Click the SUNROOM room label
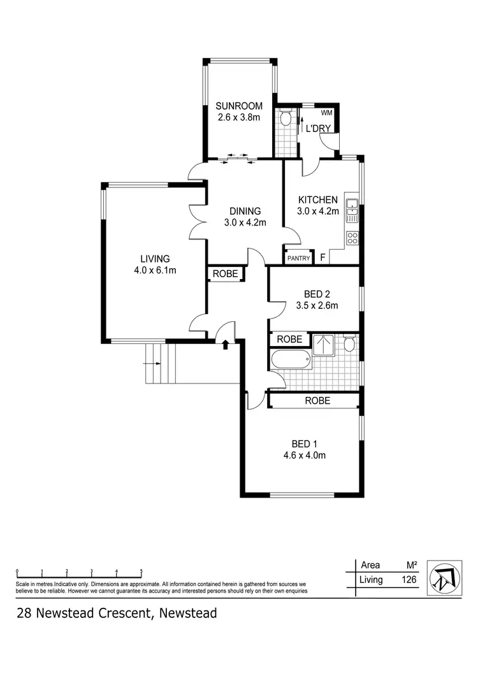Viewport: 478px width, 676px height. [239, 106]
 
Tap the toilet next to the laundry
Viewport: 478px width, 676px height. [285, 119]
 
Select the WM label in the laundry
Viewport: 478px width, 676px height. [326, 113]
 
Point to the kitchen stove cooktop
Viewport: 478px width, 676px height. [352, 238]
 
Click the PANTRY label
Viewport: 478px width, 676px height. [298, 258]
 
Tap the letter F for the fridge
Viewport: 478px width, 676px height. [323, 257]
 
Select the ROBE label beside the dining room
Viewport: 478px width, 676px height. [226, 274]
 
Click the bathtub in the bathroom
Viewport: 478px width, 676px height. [290, 361]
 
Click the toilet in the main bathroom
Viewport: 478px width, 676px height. [349, 345]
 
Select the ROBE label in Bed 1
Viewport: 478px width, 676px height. [317, 401]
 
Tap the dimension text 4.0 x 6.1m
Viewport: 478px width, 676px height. [155, 270]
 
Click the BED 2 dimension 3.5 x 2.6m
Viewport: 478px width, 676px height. [316, 305]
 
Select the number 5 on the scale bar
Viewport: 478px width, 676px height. [141, 572]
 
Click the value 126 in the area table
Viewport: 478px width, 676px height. [409, 580]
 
